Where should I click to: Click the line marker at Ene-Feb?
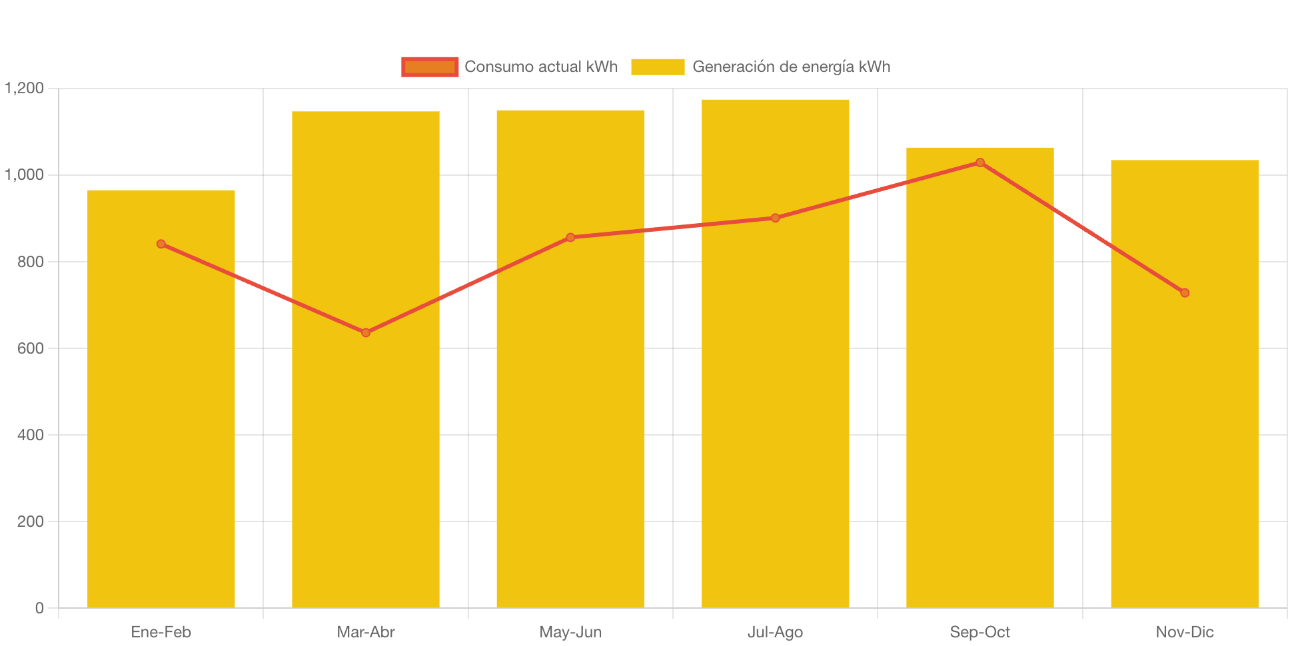[161, 244]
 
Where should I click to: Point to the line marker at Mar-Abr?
[366, 332]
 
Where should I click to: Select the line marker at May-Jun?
[570, 237]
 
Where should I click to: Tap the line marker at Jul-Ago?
[775, 218]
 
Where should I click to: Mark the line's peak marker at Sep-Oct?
[979, 162]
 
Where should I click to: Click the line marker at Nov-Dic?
[1184, 292]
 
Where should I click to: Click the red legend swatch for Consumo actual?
[430, 67]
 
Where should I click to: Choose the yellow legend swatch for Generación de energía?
[657, 67]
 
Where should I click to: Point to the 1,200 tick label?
[25, 88]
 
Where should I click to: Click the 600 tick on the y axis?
[31, 348]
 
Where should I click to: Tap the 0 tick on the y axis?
[39, 608]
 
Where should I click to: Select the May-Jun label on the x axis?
[570, 632]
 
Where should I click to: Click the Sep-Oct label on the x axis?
[979, 632]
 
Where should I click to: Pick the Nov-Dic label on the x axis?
[1184, 632]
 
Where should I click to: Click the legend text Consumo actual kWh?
[540, 67]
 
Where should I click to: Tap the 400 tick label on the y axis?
[31, 435]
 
